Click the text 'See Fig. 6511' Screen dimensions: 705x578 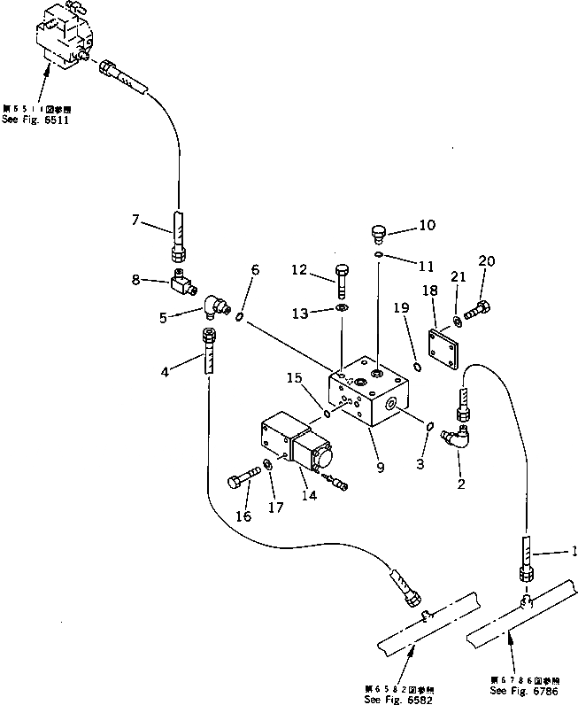click(x=35, y=120)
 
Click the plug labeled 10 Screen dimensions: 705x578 click(x=377, y=235)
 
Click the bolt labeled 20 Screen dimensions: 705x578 click(x=476, y=312)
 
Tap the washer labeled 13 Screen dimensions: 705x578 click(x=342, y=309)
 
